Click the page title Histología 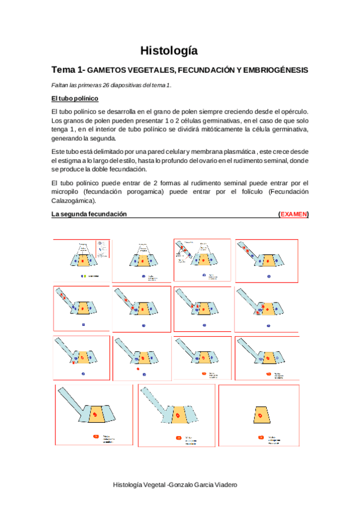coord(168,51)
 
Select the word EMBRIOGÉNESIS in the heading coord(274,70)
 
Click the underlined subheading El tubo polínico coord(75,98)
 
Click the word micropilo coord(66,192)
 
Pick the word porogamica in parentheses coord(141,192)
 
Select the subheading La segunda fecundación coord(88,214)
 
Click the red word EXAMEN coord(293,214)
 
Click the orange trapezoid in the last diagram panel coord(260,416)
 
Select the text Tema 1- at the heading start coord(69,70)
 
